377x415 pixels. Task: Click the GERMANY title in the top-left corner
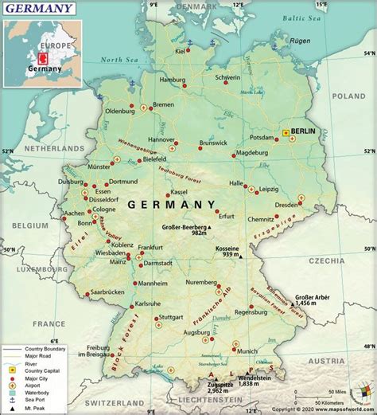(x=39, y=9)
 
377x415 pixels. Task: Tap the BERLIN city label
(x=304, y=131)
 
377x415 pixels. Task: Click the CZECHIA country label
(x=347, y=260)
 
